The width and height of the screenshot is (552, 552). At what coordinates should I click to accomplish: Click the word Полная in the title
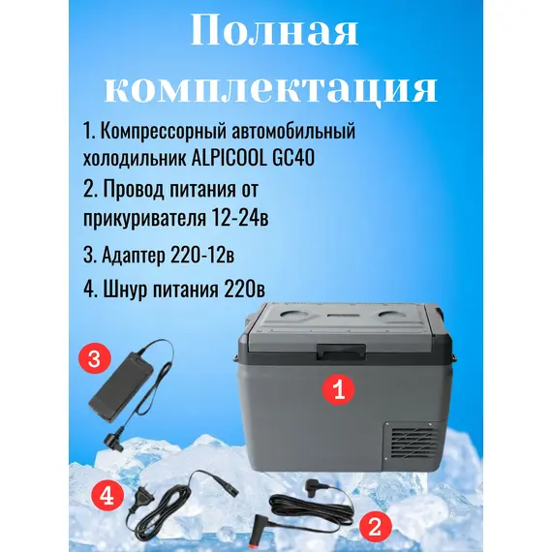point(274,32)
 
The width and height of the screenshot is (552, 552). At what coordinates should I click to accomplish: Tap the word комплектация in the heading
point(271,89)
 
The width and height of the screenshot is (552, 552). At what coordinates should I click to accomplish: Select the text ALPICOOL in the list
point(230,159)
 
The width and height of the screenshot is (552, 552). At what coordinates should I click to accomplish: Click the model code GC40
point(293,159)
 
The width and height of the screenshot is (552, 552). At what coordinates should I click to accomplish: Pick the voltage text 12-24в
point(240,218)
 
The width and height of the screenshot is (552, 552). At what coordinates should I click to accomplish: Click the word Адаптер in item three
point(133,256)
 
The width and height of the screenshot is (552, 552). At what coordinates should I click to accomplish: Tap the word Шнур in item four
point(119,291)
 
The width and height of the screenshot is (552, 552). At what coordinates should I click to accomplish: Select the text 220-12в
point(202,255)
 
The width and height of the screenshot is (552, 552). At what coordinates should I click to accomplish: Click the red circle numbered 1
point(338,390)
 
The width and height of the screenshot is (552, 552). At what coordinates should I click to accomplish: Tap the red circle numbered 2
point(375,527)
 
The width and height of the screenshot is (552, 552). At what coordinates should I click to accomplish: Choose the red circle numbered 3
point(94,360)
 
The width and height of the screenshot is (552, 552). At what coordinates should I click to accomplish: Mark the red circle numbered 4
point(107,497)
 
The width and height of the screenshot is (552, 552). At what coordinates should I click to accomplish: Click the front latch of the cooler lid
point(341,352)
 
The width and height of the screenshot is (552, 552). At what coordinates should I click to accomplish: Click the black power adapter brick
point(121,386)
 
